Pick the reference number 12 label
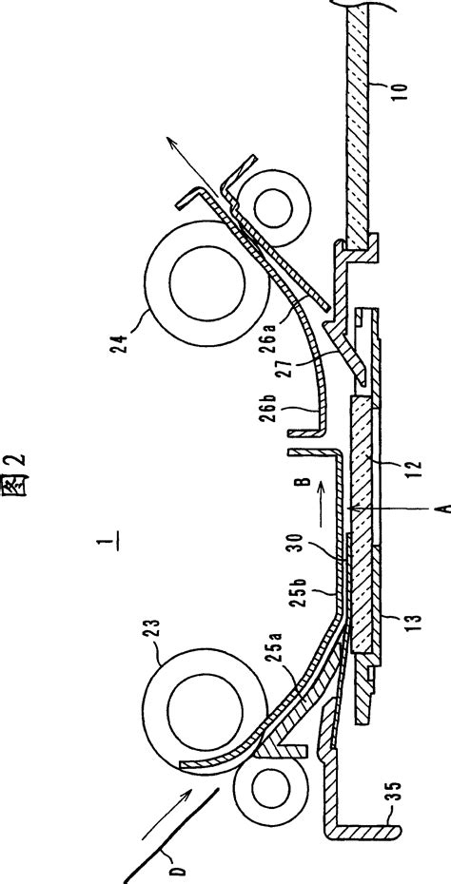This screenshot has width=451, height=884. tap(408, 468)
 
